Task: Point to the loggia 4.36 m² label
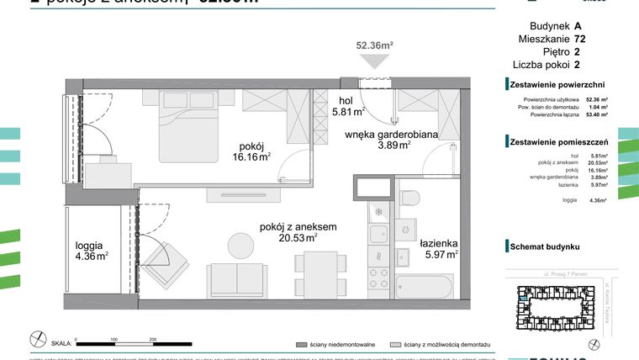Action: [x=92, y=251]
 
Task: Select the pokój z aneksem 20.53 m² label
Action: [x=299, y=232]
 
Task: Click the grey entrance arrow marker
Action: [x=373, y=61]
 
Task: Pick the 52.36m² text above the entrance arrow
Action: [x=373, y=44]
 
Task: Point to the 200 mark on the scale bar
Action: [x=152, y=338]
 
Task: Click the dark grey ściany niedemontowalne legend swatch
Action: [x=300, y=345]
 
